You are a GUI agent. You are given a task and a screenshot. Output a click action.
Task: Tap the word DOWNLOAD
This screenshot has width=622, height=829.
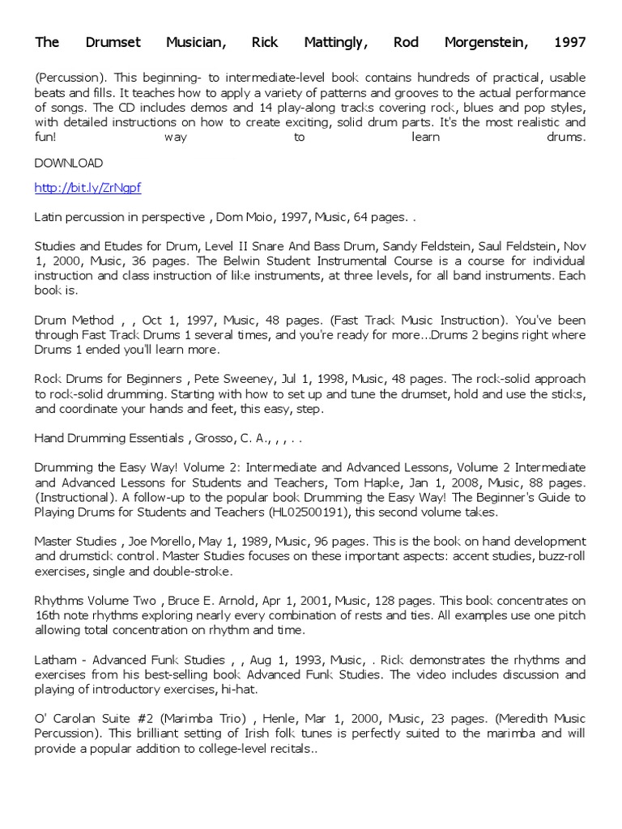[x=69, y=163]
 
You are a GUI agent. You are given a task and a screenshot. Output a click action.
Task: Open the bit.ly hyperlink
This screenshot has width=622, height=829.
[x=87, y=188]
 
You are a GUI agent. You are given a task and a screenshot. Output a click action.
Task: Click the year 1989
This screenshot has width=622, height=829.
[x=262, y=541]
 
